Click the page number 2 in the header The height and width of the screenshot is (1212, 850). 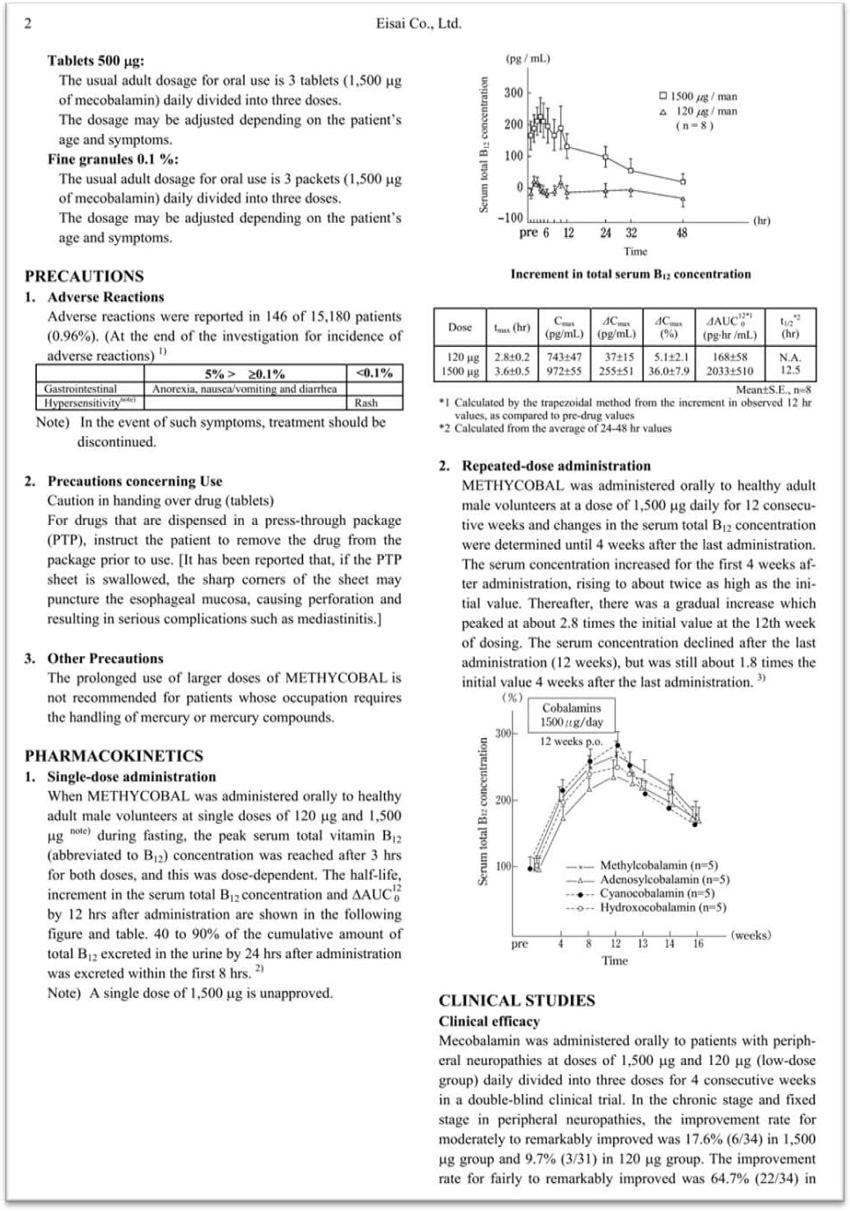coord(27,24)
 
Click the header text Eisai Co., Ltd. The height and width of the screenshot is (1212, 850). coord(418,24)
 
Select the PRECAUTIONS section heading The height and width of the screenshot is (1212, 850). coord(84,276)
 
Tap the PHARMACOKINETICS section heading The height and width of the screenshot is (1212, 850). coord(114,756)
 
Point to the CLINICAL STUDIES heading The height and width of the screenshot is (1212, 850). coord(517,1001)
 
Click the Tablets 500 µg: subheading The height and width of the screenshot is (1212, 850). coord(96,61)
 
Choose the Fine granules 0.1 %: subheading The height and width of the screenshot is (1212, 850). coord(113,159)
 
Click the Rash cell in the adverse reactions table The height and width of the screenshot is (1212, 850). coord(366,403)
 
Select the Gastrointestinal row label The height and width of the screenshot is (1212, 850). coord(80,388)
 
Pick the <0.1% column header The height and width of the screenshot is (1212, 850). coord(374,373)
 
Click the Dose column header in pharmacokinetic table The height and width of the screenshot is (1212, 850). coord(460,327)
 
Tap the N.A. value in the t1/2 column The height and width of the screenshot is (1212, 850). coord(790,358)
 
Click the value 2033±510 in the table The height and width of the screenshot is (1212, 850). coord(729,371)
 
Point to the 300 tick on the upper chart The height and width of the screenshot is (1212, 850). coord(514,93)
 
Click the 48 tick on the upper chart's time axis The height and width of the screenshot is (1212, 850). coord(682,233)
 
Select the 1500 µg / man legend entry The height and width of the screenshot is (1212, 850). coord(698,97)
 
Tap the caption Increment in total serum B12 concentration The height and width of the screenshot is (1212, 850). coord(631,275)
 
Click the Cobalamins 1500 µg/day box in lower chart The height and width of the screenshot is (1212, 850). coord(572,715)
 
